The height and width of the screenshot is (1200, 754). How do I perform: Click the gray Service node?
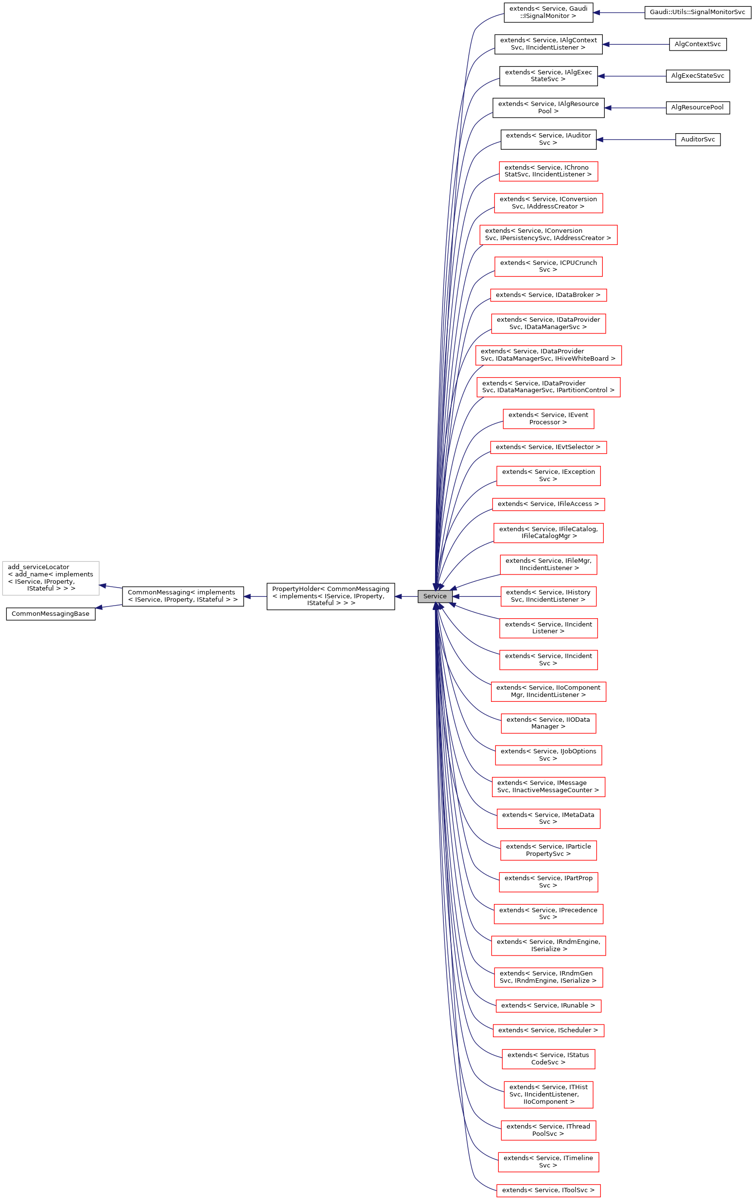435,596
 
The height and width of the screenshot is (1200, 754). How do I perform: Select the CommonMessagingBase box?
51,613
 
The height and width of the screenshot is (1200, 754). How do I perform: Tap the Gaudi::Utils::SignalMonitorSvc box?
697,13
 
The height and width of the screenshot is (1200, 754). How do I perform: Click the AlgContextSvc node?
697,44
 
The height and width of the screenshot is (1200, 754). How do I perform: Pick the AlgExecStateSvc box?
697,76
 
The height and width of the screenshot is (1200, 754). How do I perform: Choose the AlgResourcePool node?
697,107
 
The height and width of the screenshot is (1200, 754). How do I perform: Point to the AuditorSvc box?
697,139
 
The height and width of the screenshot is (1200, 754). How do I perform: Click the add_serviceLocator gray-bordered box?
51,577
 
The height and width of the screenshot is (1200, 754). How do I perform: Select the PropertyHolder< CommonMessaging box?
331,596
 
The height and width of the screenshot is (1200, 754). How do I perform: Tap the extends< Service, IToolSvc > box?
548,1190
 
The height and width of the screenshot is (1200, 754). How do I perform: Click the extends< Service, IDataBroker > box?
548,295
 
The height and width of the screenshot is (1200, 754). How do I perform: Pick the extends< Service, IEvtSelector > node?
548,447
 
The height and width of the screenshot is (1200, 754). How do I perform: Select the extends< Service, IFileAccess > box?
548,504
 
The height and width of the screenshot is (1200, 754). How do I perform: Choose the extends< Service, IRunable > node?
548,1005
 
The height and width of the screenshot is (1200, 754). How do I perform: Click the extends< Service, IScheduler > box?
548,1030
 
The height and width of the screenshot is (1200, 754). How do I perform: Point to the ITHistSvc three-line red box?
548,1095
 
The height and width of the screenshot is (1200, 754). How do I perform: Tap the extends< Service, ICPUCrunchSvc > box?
548,266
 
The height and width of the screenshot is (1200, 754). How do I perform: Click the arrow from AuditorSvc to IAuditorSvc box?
635,139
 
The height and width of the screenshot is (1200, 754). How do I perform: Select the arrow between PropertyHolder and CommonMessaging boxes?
255,596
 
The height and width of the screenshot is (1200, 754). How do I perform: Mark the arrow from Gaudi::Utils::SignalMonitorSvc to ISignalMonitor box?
618,13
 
